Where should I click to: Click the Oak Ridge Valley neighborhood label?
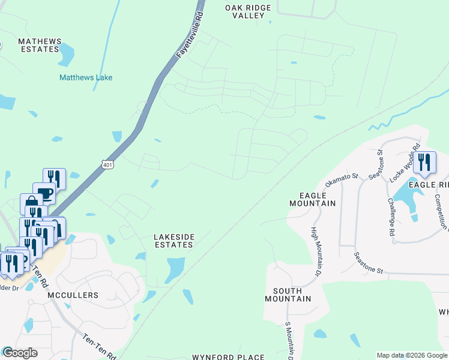pos(248,11)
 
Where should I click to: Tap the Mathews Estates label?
pos(40,45)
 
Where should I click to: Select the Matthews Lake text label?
pos(86,77)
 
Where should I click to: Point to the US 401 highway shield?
pos(107,164)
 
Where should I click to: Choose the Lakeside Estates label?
pos(174,241)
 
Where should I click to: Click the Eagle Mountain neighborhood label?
pos(312,200)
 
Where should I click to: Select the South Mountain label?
pos(288,294)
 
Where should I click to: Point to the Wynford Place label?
pos(228,357)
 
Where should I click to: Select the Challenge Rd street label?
pos(391,216)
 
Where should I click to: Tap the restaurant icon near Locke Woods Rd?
pos(424,163)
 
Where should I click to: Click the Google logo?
pos(19,353)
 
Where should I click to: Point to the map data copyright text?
pos(412,355)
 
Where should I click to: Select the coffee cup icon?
pos(44,193)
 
